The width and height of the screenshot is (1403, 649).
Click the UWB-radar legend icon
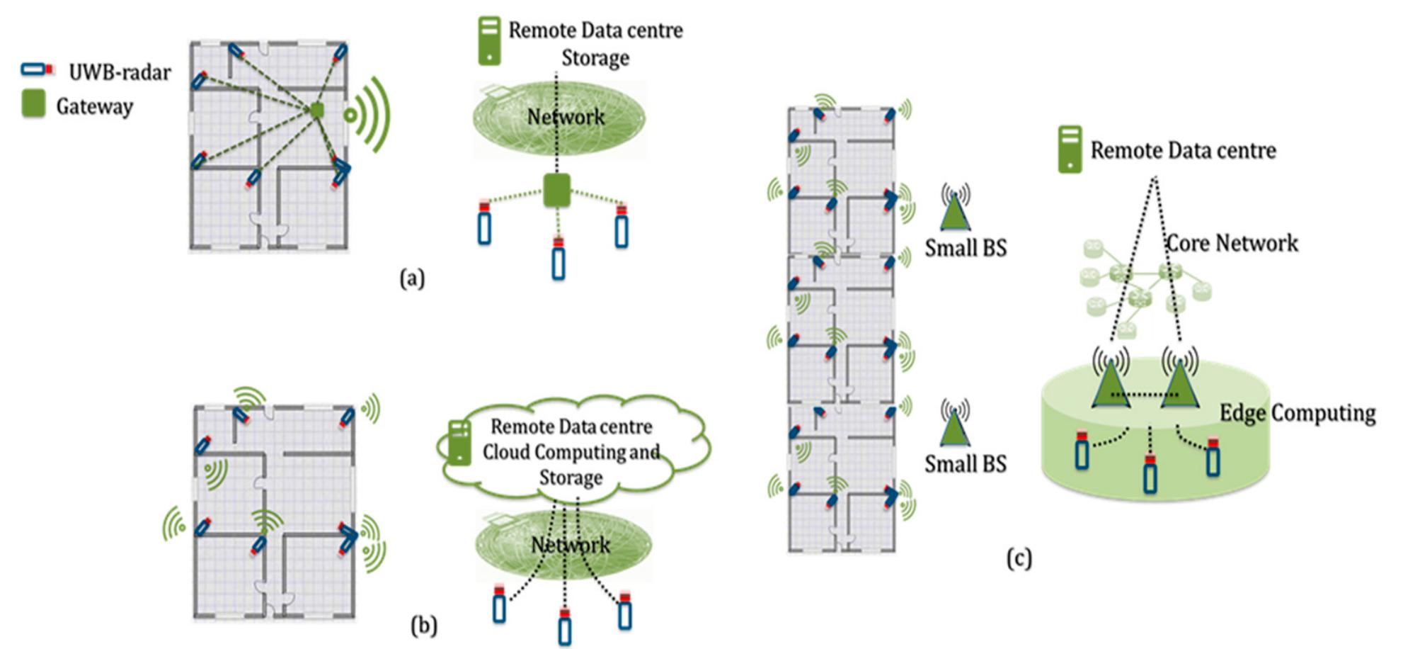38,69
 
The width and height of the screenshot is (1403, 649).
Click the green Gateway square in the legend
33,103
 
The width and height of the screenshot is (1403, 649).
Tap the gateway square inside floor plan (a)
317,110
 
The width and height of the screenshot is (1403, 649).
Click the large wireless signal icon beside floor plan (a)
370,115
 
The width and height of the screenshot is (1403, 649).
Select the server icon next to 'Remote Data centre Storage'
489,41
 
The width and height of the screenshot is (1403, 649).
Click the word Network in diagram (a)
566,117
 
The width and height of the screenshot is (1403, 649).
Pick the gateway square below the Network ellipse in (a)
556,190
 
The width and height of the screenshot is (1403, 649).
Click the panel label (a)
412,278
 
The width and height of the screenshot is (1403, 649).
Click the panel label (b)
423,626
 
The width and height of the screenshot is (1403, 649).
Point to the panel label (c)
1019,559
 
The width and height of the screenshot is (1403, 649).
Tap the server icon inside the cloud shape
459,442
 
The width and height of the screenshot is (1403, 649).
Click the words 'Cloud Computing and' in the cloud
571,452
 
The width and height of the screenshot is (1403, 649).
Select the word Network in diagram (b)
570,545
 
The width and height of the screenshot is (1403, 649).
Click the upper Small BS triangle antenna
955,209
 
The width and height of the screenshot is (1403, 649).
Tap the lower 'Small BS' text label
966,464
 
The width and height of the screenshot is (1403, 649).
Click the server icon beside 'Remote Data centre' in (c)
1070,149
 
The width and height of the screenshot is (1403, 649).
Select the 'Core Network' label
1232,244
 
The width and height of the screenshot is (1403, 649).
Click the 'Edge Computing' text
1298,413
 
